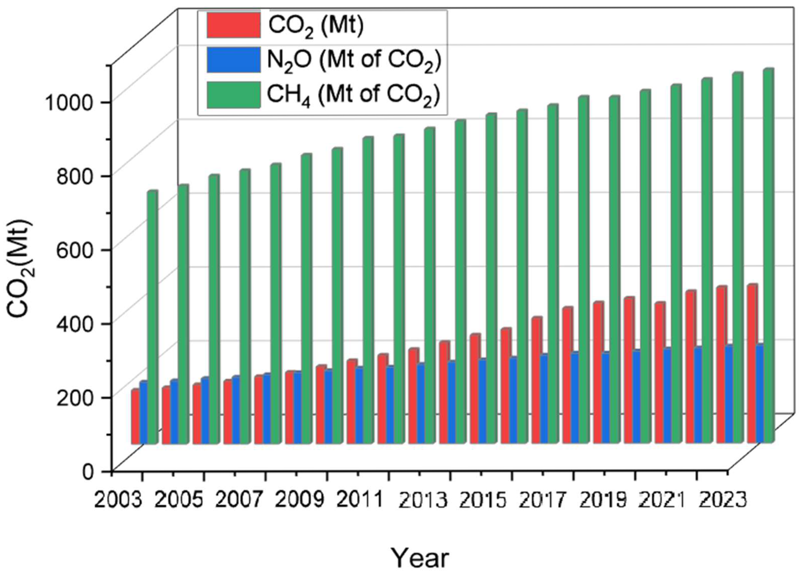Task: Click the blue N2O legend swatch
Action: point(234,60)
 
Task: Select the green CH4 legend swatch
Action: point(234,94)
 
